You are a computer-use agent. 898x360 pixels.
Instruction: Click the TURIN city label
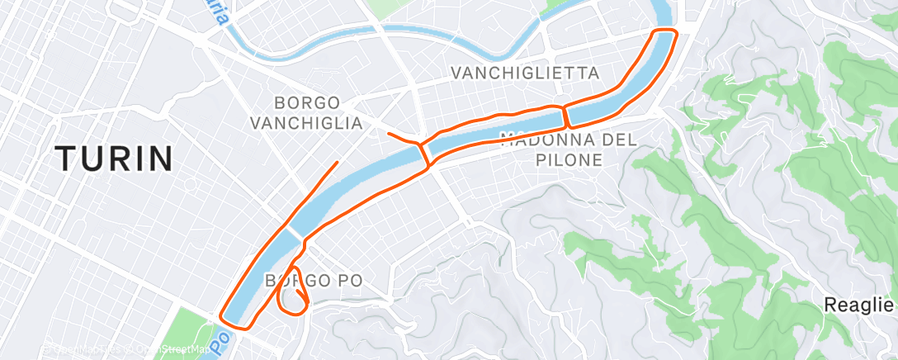[x=114, y=158]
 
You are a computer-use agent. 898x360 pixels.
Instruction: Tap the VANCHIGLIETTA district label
[x=524, y=73]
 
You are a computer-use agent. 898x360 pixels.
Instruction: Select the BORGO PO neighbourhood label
[x=314, y=281]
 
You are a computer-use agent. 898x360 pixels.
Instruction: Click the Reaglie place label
[x=859, y=305]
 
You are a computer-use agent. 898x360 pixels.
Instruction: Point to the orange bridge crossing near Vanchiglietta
[x=567, y=116]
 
